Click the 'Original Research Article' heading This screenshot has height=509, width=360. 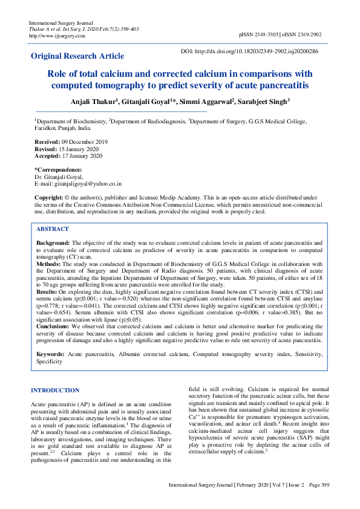pos(77,56)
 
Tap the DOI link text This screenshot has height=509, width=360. pos(258,52)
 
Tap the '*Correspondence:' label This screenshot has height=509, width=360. pos(58,169)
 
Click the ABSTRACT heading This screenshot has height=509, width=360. pos(53,230)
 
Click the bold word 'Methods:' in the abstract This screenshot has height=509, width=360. pos(50,264)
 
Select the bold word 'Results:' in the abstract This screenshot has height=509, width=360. pos(48,291)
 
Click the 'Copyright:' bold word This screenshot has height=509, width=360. pos(48,198)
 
